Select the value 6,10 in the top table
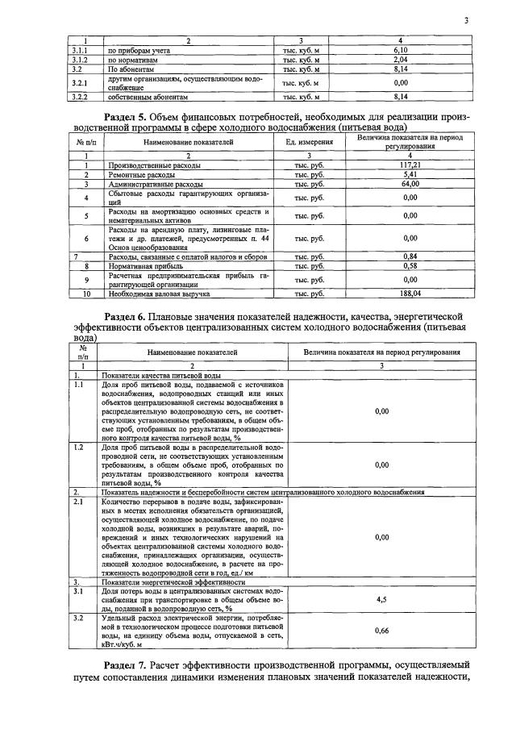pos(401,50)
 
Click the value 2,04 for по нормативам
pos(401,60)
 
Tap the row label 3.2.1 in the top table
pos(79,83)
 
